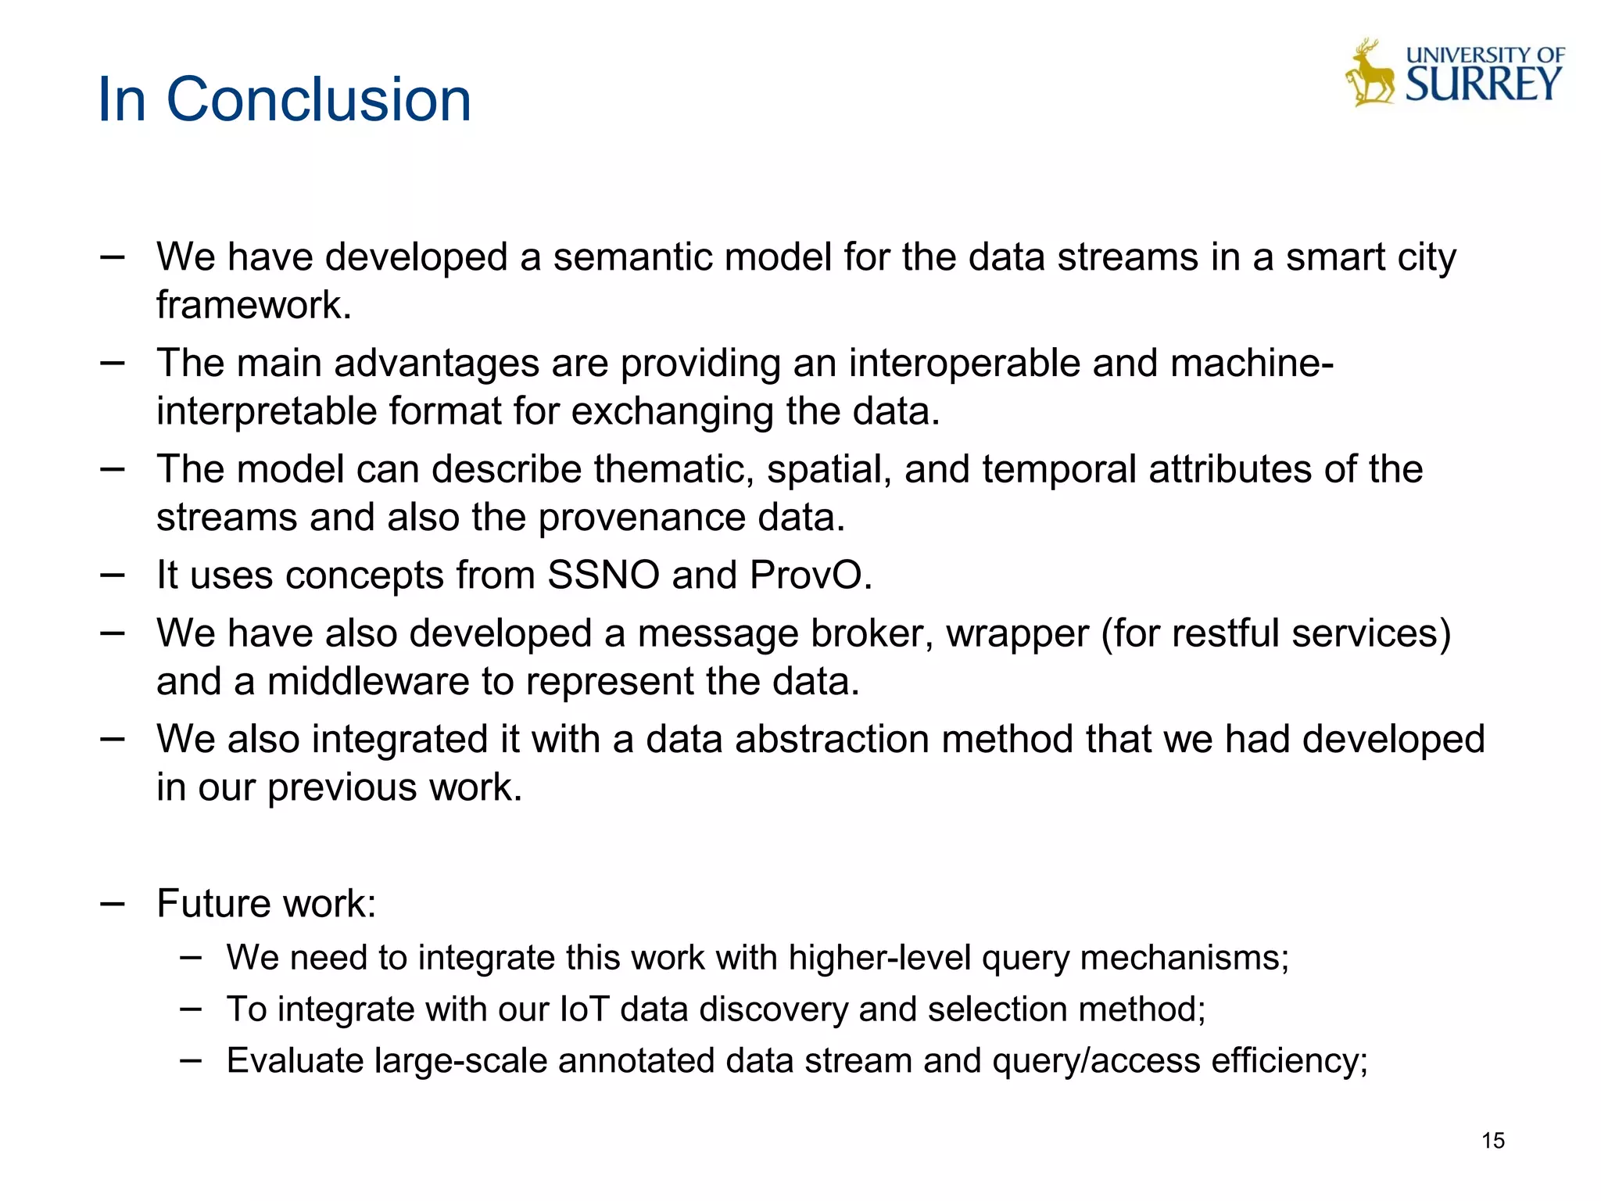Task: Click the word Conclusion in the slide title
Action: point(319,100)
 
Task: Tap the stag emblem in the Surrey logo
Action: point(1370,74)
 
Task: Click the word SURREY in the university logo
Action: point(1483,84)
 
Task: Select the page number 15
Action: point(1492,1141)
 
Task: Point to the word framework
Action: point(253,305)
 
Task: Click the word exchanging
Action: point(672,411)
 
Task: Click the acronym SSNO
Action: point(604,575)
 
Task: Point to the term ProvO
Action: point(810,575)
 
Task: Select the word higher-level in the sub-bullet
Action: point(879,958)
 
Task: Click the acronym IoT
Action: point(584,1009)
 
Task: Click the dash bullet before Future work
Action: point(113,904)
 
